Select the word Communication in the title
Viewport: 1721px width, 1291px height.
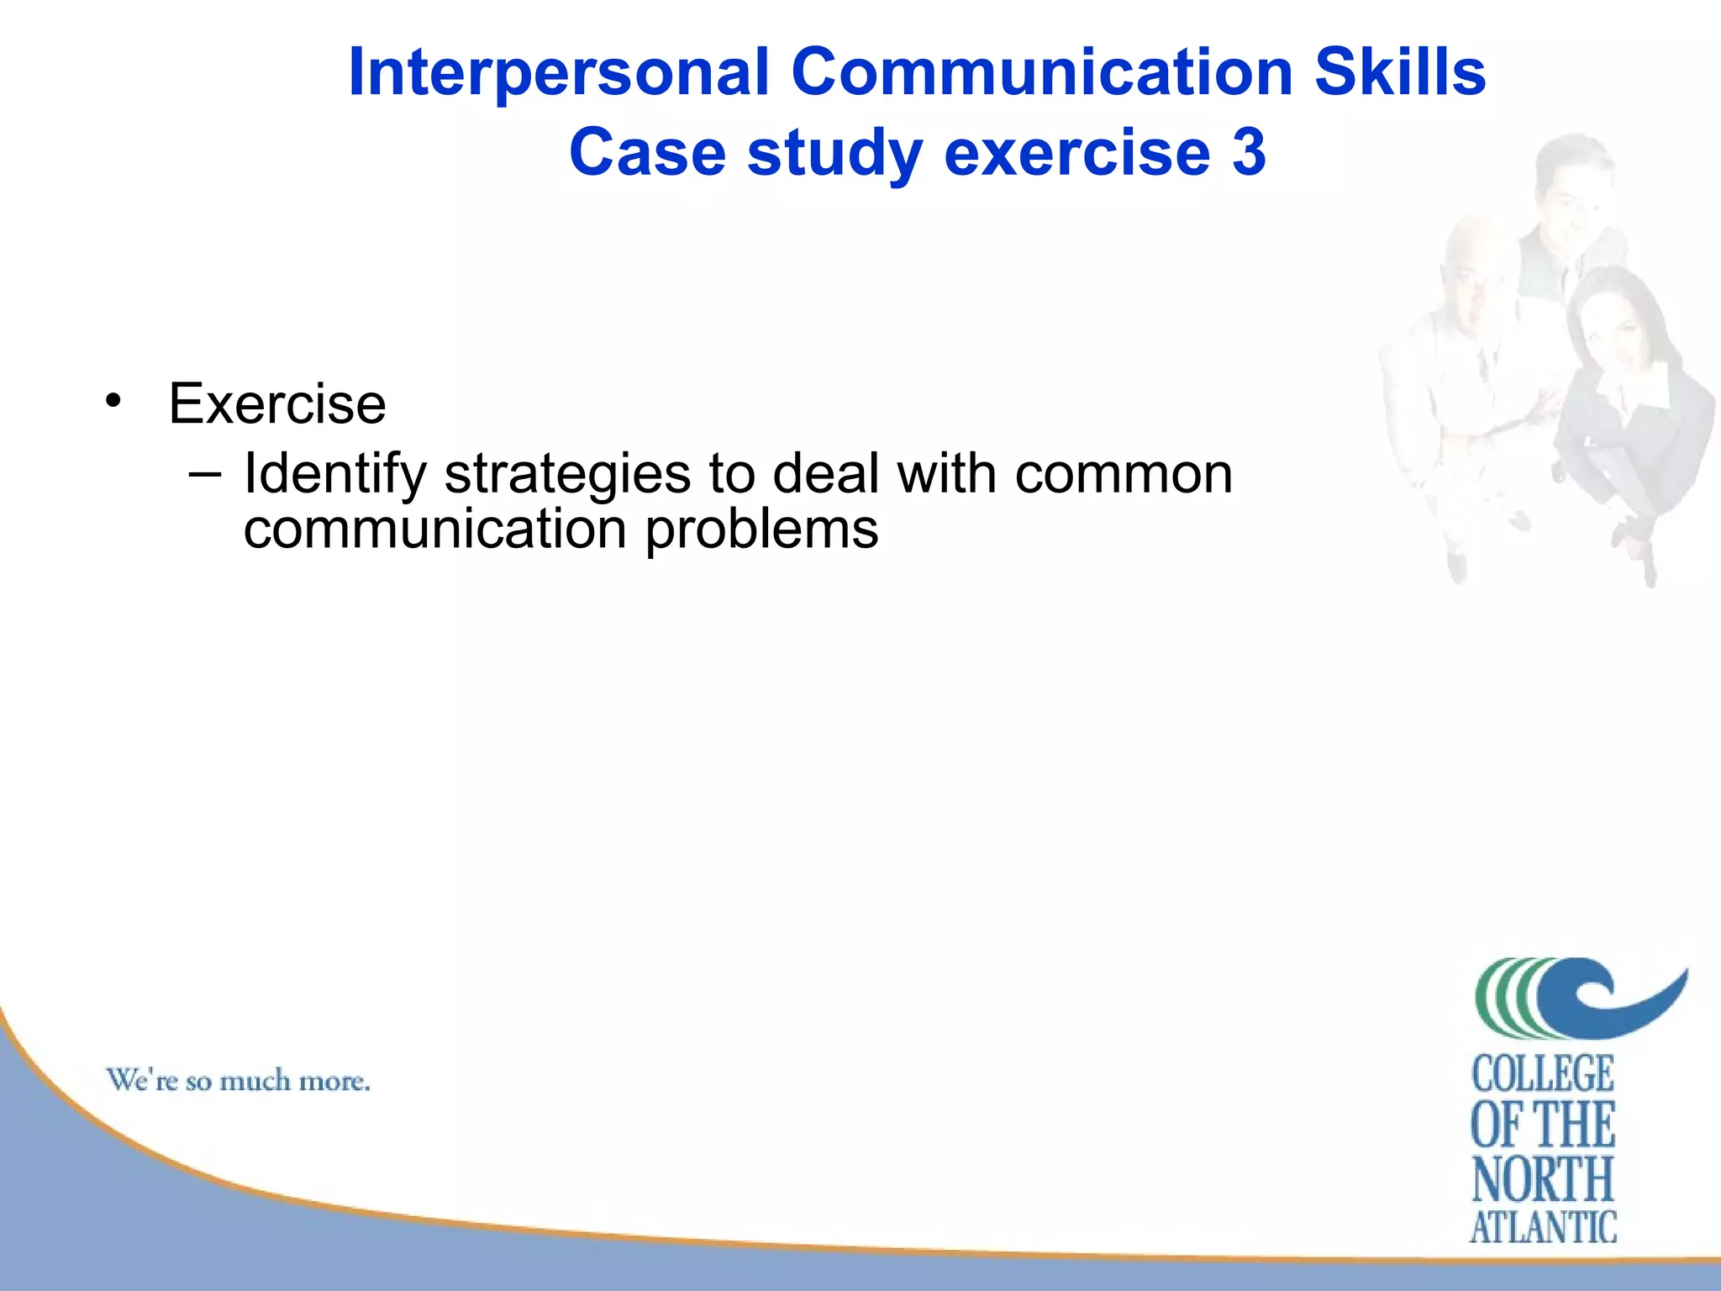pos(1041,72)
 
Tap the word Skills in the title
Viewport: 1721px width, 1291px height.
pos(1400,72)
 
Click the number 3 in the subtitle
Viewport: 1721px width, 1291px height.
pos(1249,153)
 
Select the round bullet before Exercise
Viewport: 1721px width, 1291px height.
pos(113,401)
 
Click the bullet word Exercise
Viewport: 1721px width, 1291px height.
pos(277,404)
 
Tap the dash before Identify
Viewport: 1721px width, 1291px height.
pos(206,475)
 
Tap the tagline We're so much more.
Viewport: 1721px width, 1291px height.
pos(238,1080)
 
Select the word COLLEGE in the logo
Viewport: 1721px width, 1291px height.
pos(1543,1074)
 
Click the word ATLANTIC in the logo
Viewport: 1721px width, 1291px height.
pos(1543,1227)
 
